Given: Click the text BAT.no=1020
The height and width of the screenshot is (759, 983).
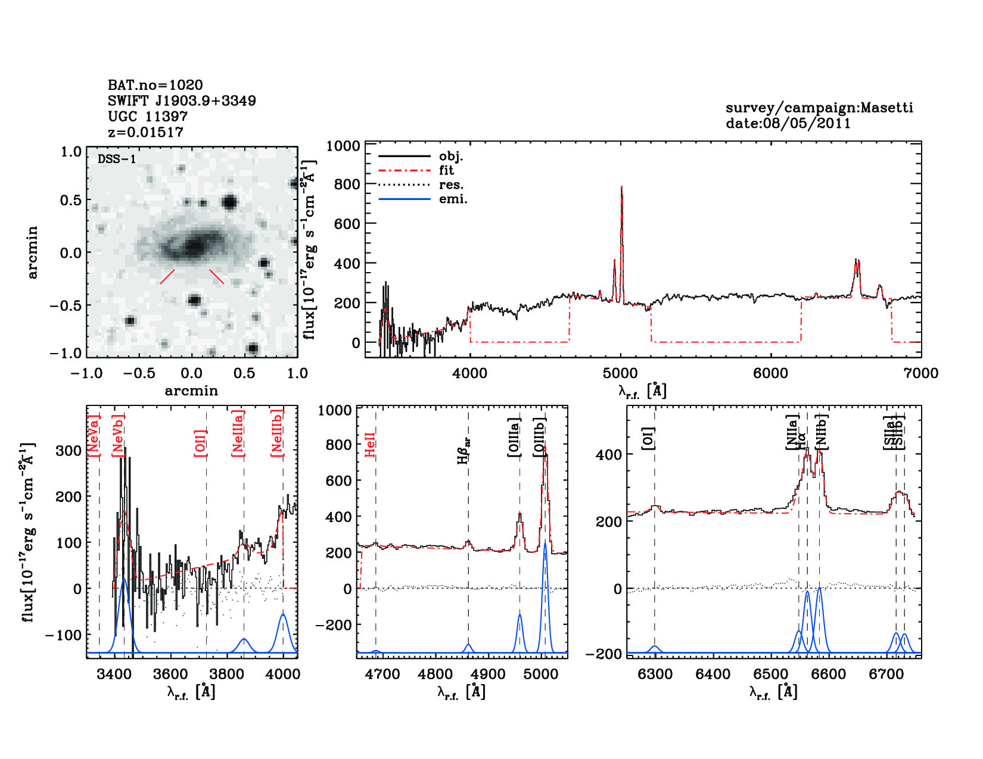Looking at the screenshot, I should [155, 85].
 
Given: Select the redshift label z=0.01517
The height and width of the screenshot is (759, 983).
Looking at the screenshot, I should [145, 132].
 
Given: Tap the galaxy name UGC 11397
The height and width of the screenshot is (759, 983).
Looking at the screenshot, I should [148, 117].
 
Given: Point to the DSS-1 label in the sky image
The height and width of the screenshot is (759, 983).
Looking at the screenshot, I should [117, 159].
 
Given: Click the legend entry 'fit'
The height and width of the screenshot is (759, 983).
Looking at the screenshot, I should [446, 171].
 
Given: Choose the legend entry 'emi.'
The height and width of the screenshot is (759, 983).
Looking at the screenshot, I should [453, 199].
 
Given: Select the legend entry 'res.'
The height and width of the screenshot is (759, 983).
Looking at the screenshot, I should [451, 185].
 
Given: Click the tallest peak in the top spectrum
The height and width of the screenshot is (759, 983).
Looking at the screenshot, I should [621, 187].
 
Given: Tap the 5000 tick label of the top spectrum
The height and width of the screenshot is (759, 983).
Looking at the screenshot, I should [620, 373].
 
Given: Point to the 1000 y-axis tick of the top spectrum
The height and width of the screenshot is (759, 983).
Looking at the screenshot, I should [343, 146].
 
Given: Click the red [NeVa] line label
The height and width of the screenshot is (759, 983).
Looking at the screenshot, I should [94, 436].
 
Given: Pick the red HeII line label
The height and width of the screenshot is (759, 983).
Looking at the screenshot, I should [370, 445].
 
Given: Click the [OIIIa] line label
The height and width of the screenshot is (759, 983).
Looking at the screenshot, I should [514, 438].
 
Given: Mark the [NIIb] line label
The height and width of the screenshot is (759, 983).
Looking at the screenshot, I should [822, 432].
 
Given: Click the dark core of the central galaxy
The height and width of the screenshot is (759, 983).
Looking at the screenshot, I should [193, 246].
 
